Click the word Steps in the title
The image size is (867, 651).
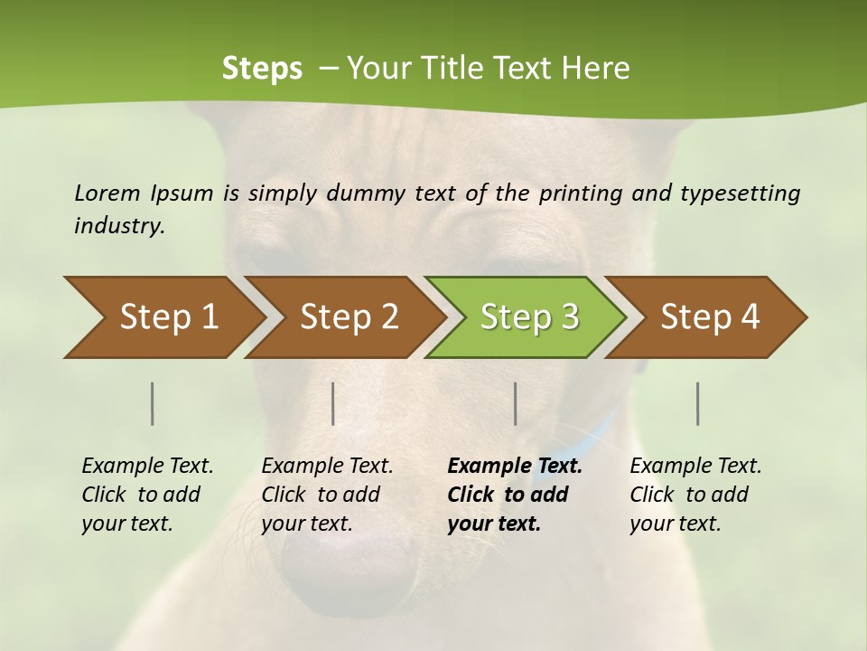(262, 69)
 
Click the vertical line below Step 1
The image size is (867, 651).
(153, 403)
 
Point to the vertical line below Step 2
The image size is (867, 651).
(333, 403)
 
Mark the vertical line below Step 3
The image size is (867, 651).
(516, 403)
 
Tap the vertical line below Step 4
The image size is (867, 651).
(698, 403)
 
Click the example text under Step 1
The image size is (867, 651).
(147, 495)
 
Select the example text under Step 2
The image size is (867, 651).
(327, 495)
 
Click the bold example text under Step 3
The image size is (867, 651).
(515, 495)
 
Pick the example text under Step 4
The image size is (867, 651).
(695, 495)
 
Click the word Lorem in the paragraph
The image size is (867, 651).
(107, 193)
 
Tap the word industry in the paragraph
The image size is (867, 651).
(118, 226)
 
